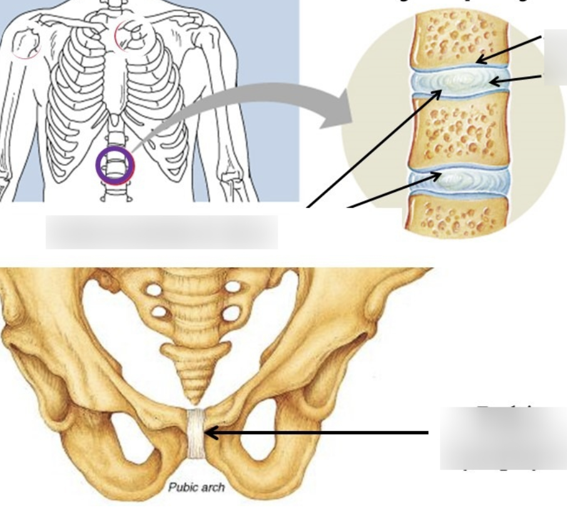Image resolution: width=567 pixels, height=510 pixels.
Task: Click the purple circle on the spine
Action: coord(115,166)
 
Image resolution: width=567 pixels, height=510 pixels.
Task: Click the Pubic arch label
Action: coord(196,487)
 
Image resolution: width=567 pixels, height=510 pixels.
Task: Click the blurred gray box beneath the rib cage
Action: coord(161,232)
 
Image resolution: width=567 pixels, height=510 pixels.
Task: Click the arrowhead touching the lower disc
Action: coord(438,175)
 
